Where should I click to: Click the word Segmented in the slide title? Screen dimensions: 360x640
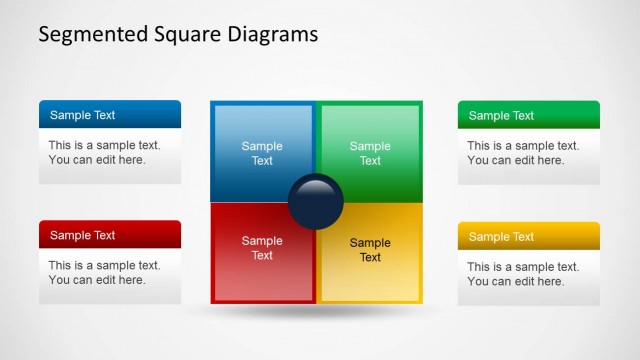coord(84,34)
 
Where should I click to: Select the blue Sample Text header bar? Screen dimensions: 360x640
coord(110,114)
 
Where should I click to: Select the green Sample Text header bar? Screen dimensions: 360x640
coord(528,114)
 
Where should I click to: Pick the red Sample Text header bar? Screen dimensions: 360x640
coord(110,235)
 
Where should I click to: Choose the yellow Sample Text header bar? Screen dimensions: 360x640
coord(528,236)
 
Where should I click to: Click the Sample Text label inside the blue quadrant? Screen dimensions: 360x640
coord(262,153)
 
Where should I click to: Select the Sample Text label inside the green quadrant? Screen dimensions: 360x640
coord(370,153)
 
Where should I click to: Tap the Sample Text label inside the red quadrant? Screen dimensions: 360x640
coord(262,248)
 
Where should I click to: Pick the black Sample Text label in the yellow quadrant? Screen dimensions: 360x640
coord(370,250)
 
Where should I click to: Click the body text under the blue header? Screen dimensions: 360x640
coord(104,152)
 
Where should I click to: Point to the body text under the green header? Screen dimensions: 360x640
coord(522,152)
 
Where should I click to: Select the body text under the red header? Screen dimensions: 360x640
coord(104,272)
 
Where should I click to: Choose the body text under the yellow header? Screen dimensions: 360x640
coord(522,274)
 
